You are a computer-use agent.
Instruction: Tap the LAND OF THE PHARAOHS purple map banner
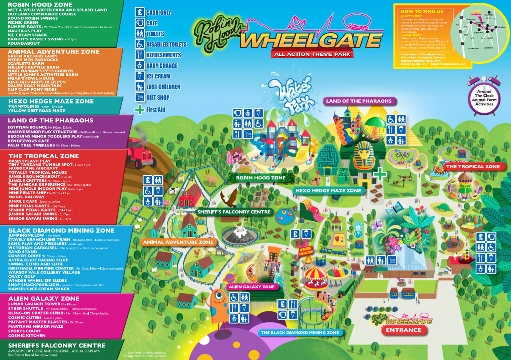(359, 101)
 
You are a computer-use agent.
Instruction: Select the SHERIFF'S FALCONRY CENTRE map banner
(234, 212)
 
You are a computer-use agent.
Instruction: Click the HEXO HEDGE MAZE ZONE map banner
(328, 191)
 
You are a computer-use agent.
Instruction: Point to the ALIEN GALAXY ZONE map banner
(252, 287)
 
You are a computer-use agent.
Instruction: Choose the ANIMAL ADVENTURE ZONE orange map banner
(178, 242)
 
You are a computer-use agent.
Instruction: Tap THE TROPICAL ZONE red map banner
(473, 167)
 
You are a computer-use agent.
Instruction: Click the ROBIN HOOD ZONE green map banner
(261, 178)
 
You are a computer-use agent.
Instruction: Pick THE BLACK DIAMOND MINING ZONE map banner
(300, 333)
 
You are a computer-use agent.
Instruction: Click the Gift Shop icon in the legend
(140, 97)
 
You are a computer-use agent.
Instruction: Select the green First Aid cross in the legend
(140, 110)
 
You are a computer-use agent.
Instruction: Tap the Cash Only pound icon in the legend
(140, 12)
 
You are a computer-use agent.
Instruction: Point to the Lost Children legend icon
(140, 86)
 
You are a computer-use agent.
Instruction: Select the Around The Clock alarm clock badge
(484, 97)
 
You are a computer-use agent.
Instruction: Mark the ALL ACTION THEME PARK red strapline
(312, 54)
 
